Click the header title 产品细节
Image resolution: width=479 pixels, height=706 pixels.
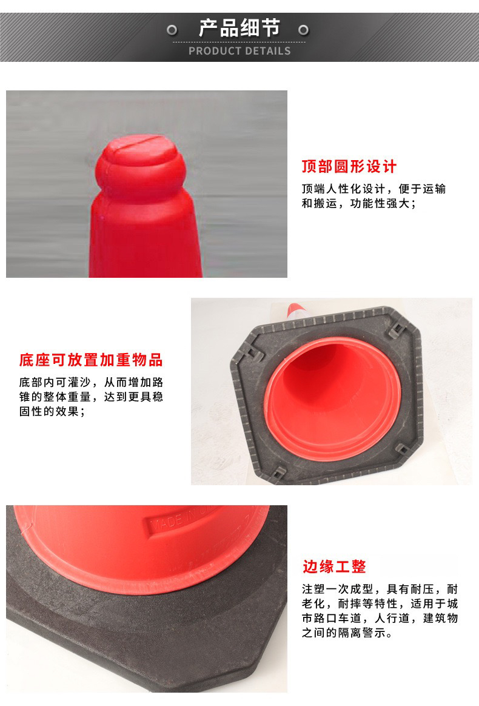239,28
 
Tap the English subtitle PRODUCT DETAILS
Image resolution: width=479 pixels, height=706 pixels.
239,51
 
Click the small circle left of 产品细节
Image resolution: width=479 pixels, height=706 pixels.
172,30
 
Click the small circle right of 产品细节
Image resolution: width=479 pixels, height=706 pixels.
303,30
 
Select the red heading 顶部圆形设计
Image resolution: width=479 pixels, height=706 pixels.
349,167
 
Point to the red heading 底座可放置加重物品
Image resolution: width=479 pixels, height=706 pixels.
91,360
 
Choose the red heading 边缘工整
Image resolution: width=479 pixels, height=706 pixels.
334,566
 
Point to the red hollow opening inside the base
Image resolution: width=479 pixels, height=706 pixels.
333,398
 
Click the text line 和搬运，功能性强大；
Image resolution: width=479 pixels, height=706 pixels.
359,204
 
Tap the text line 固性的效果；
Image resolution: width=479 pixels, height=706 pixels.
52,412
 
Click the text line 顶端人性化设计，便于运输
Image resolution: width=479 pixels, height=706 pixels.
373,189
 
